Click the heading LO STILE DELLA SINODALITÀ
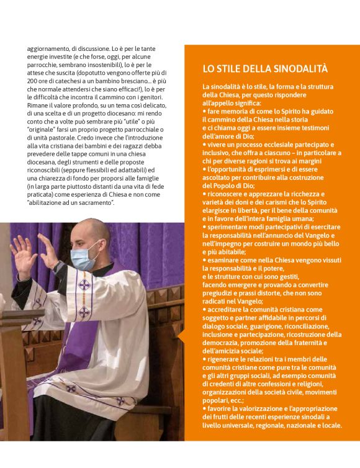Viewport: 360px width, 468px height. click(265, 68)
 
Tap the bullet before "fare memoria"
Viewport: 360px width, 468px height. click(204, 110)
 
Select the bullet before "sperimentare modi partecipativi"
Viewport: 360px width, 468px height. click(204, 228)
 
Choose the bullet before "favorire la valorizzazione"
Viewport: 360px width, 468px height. click(204, 409)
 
